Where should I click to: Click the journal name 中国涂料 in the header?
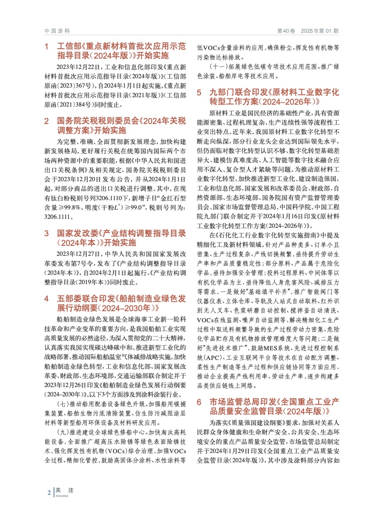[57, 31]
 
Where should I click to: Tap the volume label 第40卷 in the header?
[286, 31]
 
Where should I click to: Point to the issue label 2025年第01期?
[319, 31]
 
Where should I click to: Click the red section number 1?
[46, 47]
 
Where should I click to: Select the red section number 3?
[46, 233]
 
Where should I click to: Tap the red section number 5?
[199, 93]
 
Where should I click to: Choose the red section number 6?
[199, 402]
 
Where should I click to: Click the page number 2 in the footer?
[49, 493]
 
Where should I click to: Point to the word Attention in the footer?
[62, 496]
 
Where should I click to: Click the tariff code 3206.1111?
[57, 217]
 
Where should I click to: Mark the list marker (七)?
[63, 404]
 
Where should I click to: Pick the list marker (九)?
[63, 432]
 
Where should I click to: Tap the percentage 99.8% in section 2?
[71, 207]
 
